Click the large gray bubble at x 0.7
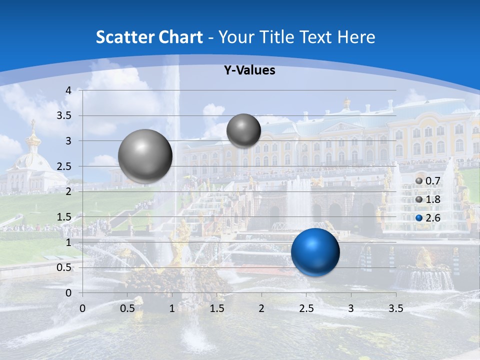tap(145, 156)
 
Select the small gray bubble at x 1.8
tap(243, 130)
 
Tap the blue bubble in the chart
tap(315, 252)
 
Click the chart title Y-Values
tap(249, 70)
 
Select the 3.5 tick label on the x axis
tap(395, 308)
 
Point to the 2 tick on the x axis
tap(261, 308)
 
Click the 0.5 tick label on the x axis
tap(127, 308)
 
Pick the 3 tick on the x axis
tap(351, 308)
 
